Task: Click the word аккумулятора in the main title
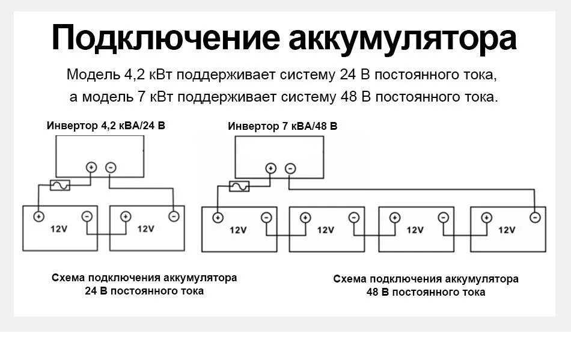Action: pyautogui.click(x=403, y=38)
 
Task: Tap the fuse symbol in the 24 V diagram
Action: pyautogui.click(x=60, y=186)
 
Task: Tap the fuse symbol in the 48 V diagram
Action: pyautogui.click(x=240, y=186)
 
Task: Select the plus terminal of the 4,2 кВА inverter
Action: pyautogui.click(x=91, y=168)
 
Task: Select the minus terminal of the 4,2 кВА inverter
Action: pyautogui.click(x=111, y=168)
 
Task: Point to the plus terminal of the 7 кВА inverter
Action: pyautogui.click(x=270, y=168)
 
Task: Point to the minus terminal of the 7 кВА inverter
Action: pyautogui.click(x=290, y=168)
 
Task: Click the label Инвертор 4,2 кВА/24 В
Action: pyautogui.click(x=106, y=126)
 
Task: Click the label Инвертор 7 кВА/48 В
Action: pyautogui.click(x=282, y=127)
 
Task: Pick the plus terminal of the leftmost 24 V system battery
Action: pyautogui.click(x=38, y=216)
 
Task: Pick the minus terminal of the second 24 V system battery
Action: pyautogui.click(x=174, y=216)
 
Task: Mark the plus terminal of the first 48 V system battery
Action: pyautogui.click(x=218, y=218)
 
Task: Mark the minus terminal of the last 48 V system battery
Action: pyautogui.click(x=534, y=218)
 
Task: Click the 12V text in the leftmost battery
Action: pyautogui.click(x=59, y=229)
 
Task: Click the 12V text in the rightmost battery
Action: pyautogui.click(x=507, y=230)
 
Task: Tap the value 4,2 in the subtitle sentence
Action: pyautogui.click(x=135, y=76)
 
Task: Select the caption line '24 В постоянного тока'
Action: pyautogui.click(x=144, y=291)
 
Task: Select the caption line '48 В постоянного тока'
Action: pyautogui.click(x=426, y=292)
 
